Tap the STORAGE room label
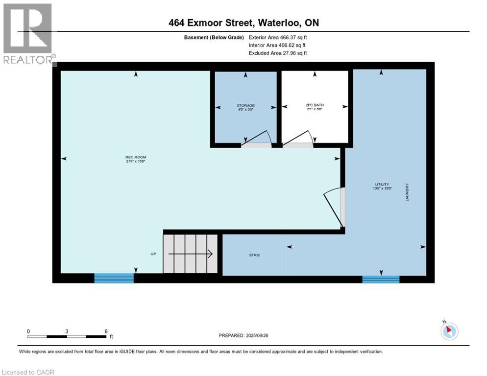coord(245,105)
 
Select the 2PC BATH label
coord(315,105)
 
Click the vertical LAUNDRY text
coord(407,192)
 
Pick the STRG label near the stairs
coord(254,255)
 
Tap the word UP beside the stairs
coord(153,255)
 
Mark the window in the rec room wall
coord(114,278)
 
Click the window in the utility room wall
coord(381,279)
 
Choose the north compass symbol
coord(449,331)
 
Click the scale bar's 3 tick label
coord(66,331)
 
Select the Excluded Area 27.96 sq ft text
coord(278,53)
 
